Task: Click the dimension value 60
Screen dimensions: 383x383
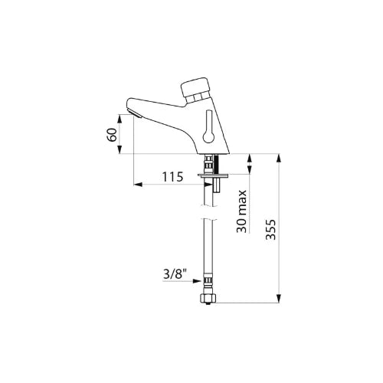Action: pos(113,135)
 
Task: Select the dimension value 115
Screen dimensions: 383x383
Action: pos(173,177)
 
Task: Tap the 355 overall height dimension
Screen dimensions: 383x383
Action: pos(271,229)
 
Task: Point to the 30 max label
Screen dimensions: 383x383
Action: pos(241,211)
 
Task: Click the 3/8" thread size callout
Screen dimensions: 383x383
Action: pos(175,275)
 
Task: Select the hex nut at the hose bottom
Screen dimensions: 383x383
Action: pos(209,297)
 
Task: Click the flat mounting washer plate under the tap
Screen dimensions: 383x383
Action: pos(213,175)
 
